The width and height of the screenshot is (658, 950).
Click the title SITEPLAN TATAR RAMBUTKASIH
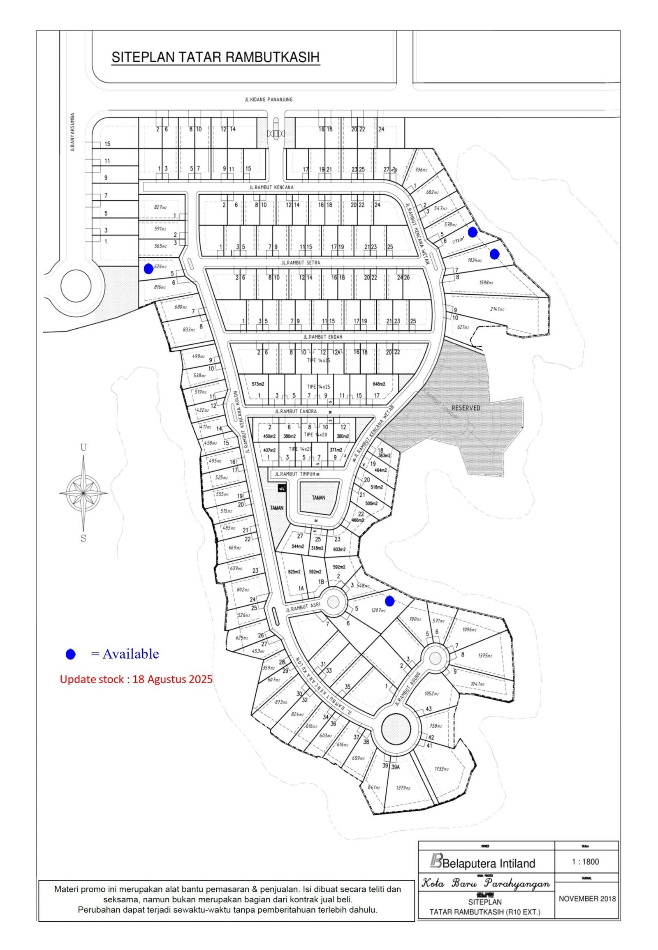click(x=215, y=57)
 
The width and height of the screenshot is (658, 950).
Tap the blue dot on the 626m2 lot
click(x=148, y=269)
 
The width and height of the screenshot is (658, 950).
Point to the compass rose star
click(x=83, y=493)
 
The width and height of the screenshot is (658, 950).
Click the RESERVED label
click(x=466, y=408)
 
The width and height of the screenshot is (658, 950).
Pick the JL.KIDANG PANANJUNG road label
click(x=269, y=99)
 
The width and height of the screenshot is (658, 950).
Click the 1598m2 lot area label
click(x=486, y=283)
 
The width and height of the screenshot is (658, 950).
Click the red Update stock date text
click(x=136, y=679)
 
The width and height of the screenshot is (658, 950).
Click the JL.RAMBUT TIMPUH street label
click(x=295, y=474)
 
